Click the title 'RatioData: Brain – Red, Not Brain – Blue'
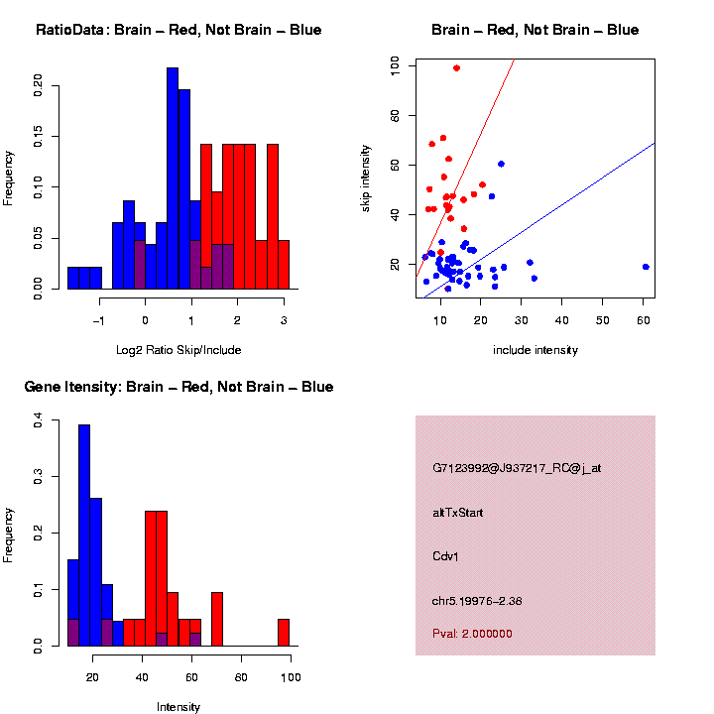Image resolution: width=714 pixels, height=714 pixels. click(178, 30)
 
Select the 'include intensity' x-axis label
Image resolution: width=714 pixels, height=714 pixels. click(535, 349)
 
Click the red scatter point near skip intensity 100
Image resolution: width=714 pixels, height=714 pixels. click(456, 68)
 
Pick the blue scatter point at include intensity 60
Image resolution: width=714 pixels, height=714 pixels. click(646, 267)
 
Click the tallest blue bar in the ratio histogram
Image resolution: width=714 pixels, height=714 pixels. click(173, 178)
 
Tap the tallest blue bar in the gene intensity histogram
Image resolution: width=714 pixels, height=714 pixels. click(84, 535)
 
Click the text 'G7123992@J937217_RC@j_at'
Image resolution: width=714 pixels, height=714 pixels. click(517, 468)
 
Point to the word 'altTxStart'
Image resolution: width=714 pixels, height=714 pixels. click(458, 513)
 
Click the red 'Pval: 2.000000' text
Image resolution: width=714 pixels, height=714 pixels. click(472, 634)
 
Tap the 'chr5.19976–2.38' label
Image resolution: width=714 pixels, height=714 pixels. click(483, 600)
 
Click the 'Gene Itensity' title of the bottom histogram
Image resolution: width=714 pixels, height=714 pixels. click(178, 387)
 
